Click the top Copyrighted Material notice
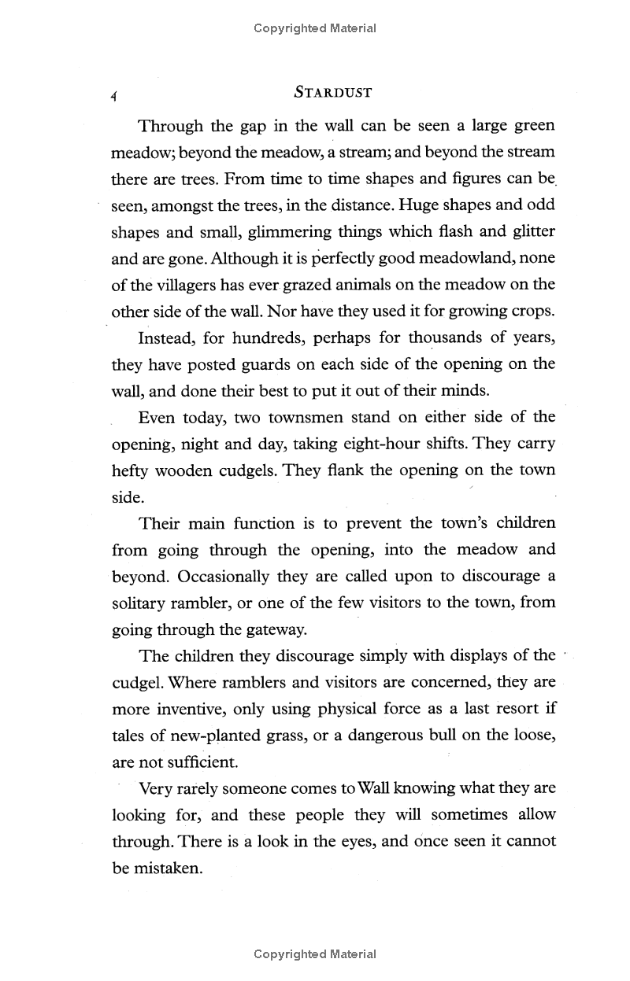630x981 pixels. (315, 28)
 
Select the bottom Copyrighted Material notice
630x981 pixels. (315, 954)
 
